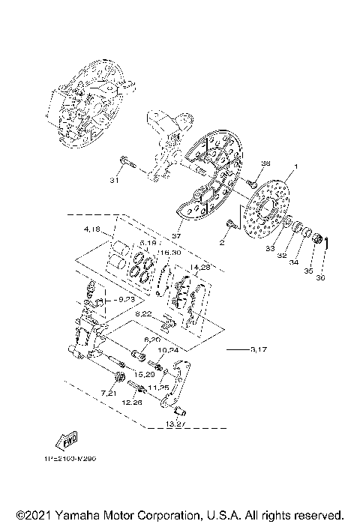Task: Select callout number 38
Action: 265,163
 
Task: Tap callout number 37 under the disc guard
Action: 177,235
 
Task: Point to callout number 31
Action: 115,181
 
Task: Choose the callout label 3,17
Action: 257,349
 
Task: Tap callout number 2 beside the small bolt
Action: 222,243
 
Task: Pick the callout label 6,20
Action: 153,340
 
